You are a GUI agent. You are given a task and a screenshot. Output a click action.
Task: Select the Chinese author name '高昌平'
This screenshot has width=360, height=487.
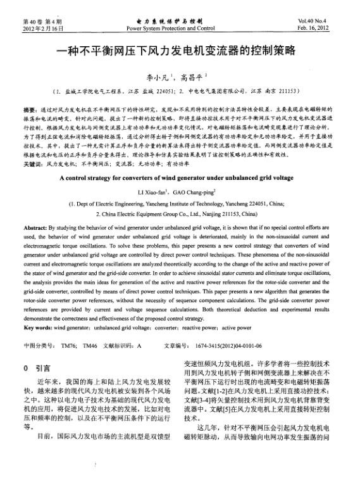(193, 77)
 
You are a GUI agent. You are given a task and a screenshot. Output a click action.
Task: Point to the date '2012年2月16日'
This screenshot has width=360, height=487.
(44, 29)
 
